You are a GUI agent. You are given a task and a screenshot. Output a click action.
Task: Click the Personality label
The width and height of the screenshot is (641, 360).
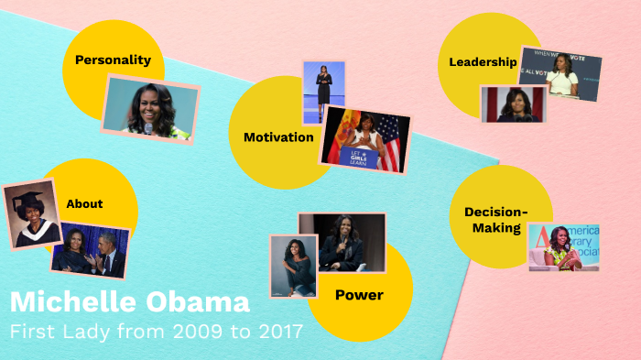click(x=113, y=60)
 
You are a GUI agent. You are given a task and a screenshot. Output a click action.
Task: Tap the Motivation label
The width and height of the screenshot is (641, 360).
click(x=278, y=137)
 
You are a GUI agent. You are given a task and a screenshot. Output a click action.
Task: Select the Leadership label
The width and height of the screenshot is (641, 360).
click(x=483, y=62)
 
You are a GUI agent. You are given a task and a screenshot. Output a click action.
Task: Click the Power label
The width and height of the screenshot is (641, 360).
click(x=359, y=295)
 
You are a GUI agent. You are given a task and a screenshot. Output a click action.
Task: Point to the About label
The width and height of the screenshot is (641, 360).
click(x=84, y=203)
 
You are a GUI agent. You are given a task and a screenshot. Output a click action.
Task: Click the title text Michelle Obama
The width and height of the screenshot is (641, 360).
click(x=129, y=303)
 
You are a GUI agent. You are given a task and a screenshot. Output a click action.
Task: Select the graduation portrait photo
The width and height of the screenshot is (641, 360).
click(x=32, y=213)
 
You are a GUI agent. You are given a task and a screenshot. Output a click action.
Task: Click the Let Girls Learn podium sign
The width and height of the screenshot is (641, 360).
click(x=359, y=157)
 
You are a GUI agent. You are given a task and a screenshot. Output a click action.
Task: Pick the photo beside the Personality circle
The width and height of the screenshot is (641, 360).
click(x=150, y=109)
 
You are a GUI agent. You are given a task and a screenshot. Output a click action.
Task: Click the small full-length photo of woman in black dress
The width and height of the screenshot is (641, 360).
click(x=323, y=93)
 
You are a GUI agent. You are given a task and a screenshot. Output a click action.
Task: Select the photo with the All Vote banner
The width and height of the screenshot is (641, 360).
click(x=560, y=74)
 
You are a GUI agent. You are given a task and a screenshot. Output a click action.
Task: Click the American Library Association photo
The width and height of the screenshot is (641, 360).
click(x=564, y=246)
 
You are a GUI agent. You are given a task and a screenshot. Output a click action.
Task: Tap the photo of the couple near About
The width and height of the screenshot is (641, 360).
click(x=89, y=251)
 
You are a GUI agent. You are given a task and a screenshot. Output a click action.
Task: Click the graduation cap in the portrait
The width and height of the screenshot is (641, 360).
click(x=30, y=196)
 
